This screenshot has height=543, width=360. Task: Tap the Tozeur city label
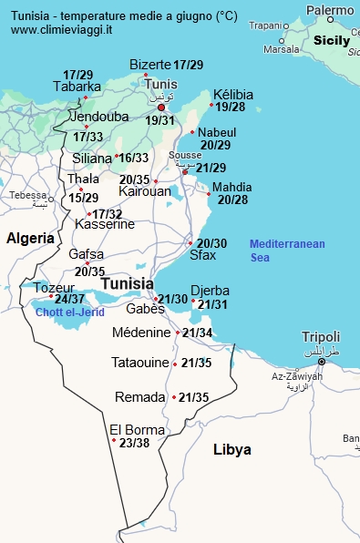click(54, 288)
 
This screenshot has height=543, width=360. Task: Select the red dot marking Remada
click(174, 397)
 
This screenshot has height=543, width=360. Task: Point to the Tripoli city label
click(321, 336)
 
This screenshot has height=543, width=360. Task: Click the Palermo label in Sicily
click(330, 10)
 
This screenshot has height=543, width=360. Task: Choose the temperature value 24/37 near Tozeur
click(70, 299)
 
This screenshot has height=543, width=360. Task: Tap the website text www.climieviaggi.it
click(61, 30)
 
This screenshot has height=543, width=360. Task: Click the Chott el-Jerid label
click(70, 312)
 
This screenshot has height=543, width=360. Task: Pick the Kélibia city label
click(233, 95)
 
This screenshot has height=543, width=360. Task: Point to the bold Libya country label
click(231, 450)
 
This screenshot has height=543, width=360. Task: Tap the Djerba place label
click(210, 291)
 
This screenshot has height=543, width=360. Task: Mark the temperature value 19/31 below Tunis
click(159, 120)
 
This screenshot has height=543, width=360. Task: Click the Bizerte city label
click(150, 65)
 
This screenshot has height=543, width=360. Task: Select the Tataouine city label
click(140, 363)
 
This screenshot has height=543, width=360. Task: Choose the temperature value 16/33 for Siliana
click(134, 158)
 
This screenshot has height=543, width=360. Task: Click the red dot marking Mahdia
click(209, 193)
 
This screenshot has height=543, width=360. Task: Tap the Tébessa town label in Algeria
click(27, 195)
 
